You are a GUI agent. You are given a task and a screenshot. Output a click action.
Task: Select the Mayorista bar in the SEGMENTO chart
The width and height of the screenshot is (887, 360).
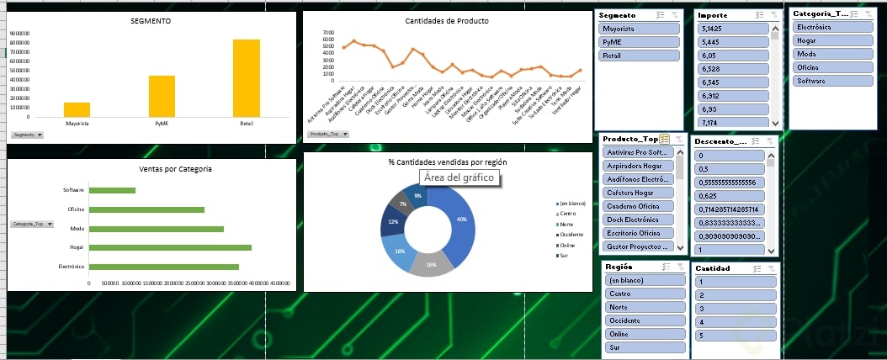click(77, 109)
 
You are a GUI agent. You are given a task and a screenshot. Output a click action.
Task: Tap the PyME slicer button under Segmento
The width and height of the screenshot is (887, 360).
click(640, 42)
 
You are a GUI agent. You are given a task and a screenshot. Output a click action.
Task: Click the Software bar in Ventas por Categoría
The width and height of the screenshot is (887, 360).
click(112, 190)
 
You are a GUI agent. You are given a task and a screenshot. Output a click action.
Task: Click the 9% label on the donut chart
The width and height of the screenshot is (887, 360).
click(417, 195)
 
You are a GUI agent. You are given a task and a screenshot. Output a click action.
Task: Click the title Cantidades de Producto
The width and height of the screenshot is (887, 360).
click(447, 21)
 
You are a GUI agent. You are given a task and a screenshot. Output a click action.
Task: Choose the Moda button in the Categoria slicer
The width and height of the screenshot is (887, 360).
click(832, 54)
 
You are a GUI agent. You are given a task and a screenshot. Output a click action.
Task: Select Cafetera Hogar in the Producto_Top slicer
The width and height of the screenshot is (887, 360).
click(638, 193)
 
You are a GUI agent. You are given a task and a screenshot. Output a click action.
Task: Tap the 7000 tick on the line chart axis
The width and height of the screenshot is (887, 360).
click(328, 32)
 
